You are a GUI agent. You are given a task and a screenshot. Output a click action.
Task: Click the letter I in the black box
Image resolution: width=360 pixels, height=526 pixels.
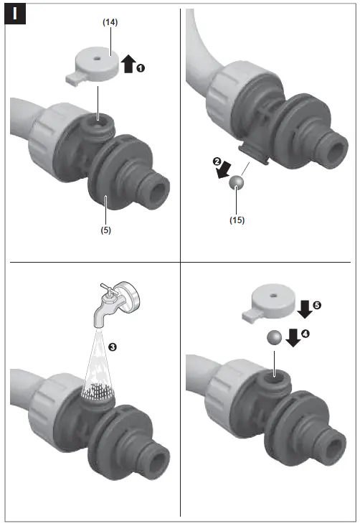[x=15, y=14]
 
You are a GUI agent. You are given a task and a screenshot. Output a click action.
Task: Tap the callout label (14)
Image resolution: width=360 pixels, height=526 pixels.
[x=109, y=23]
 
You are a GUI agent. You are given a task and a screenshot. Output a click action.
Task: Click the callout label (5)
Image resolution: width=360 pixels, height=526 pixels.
[x=106, y=231]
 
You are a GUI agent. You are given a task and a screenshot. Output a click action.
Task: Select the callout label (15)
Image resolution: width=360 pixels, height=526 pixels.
[x=237, y=220]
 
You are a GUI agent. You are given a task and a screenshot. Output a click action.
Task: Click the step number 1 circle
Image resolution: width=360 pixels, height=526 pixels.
[x=141, y=67]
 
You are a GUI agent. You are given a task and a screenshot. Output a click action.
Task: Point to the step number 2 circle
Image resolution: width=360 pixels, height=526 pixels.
[x=217, y=161]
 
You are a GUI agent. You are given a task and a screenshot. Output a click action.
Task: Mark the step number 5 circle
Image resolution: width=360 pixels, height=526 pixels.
[x=316, y=305]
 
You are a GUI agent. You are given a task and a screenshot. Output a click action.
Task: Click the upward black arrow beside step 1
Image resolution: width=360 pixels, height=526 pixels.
[x=127, y=65]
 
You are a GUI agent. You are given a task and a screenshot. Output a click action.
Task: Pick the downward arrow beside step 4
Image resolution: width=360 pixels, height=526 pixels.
[x=293, y=336]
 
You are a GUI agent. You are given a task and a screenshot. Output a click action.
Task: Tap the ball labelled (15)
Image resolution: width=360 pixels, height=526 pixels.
[x=238, y=184]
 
